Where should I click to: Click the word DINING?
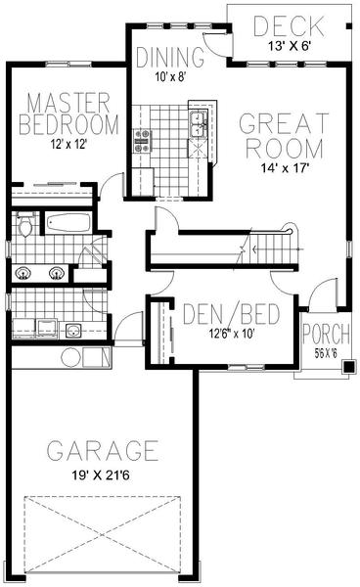click(169, 56)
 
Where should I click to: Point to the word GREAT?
click(281, 124)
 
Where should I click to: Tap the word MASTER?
click(66, 102)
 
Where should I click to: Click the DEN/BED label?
click(233, 315)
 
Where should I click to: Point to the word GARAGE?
click(103, 451)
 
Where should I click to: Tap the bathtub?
click(67, 223)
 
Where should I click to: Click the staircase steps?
click(269, 249)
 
